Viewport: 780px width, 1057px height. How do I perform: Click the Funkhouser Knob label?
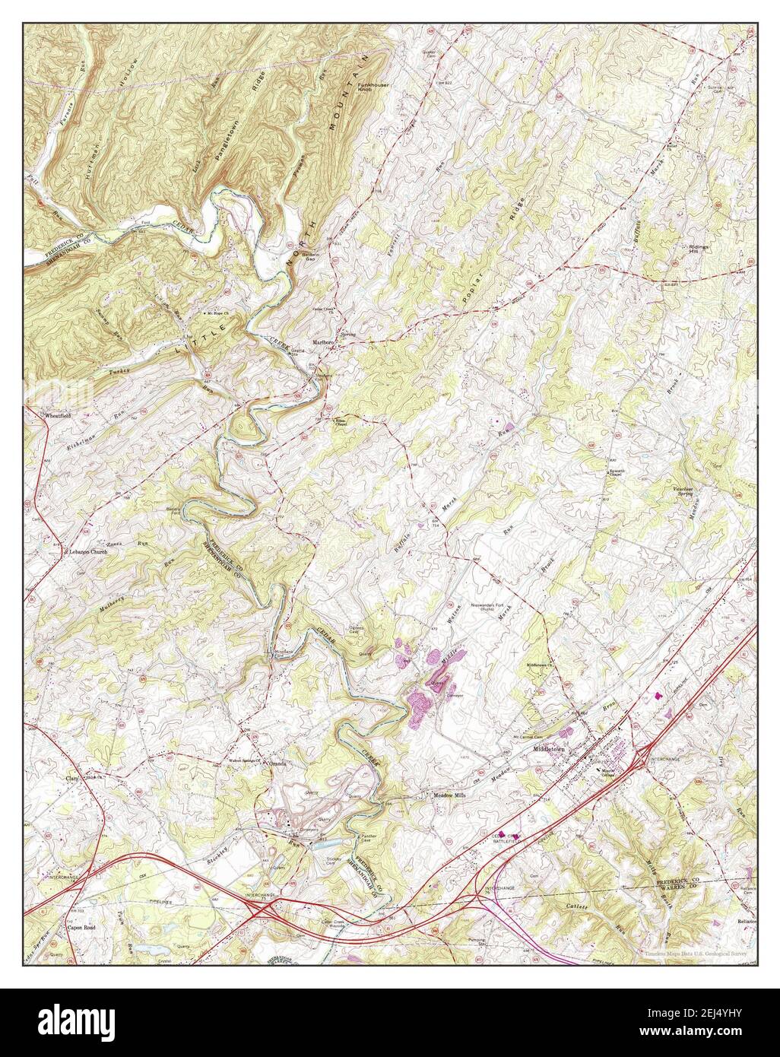click(374, 87)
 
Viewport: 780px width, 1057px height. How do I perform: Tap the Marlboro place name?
click(325, 343)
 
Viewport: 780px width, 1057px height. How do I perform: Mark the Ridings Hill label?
click(700, 250)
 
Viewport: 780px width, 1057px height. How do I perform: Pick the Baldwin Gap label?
click(309, 257)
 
